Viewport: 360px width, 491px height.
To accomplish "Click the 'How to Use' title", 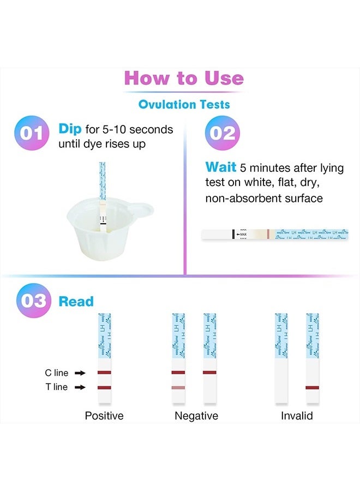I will (184, 78).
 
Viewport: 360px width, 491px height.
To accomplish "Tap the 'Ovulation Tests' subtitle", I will (184, 104).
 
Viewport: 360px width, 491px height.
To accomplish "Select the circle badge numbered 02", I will (222, 134).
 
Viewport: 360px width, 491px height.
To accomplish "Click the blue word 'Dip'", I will (70, 129).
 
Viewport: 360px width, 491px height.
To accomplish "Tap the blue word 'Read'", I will (76, 301).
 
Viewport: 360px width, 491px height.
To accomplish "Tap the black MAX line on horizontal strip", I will (233, 234).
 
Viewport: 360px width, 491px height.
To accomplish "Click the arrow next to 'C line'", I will (80, 373).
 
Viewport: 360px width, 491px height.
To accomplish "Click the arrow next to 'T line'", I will (80, 387).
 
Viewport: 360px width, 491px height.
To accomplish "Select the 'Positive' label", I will (104, 416).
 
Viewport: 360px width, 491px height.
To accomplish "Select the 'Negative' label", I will (196, 416).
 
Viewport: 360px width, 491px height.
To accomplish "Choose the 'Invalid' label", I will (297, 416).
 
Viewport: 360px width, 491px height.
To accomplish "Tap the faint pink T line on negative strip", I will (178, 387).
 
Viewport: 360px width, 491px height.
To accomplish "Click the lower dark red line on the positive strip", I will (104, 387).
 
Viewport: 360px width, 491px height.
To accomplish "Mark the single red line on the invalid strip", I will (312, 387).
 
